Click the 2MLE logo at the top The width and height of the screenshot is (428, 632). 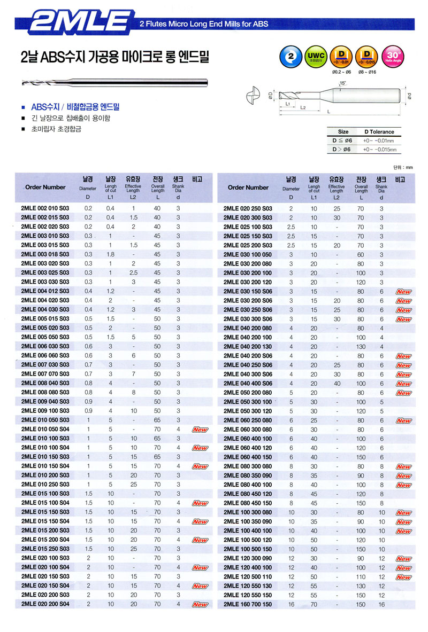click(x=79, y=23)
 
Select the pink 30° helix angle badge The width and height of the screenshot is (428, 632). click(x=393, y=57)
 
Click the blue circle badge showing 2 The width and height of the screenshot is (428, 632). click(x=289, y=57)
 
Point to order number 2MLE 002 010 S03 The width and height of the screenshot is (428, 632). click(x=45, y=208)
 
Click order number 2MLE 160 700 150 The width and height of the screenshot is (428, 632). click(x=247, y=604)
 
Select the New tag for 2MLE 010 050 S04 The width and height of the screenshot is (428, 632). click(x=200, y=430)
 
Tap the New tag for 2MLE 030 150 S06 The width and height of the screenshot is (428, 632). click(x=403, y=292)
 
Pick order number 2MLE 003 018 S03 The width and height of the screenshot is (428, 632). click(x=45, y=254)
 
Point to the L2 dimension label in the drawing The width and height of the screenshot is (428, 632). click(x=303, y=107)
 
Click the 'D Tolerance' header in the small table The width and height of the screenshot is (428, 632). click(x=379, y=131)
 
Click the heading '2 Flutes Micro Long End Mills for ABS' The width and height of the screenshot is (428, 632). click(x=203, y=24)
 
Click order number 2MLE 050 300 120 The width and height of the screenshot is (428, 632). click(x=247, y=411)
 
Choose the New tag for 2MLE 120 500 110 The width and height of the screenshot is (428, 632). click(x=403, y=577)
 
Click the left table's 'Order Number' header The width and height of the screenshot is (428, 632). click(x=45, y=187)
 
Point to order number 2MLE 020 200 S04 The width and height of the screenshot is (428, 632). click(x=45, y=604)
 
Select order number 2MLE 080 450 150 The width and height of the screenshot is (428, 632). click(x=247, y=503)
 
